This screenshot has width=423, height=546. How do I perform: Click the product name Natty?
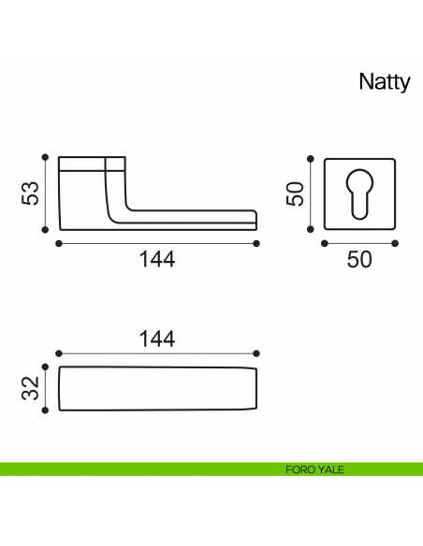coord(385,82)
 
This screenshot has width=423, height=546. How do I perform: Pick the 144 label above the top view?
coord(157,338)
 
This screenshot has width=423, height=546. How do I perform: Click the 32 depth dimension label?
coord(31,387)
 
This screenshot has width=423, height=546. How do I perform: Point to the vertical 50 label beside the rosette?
coord(296,194)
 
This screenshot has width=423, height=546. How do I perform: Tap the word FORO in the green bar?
coord(299,469)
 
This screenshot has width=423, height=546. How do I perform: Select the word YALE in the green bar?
coord(330,469)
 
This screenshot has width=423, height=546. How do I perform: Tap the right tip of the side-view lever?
coord(255,220)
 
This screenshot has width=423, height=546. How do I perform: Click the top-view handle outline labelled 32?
coord(157,388)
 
